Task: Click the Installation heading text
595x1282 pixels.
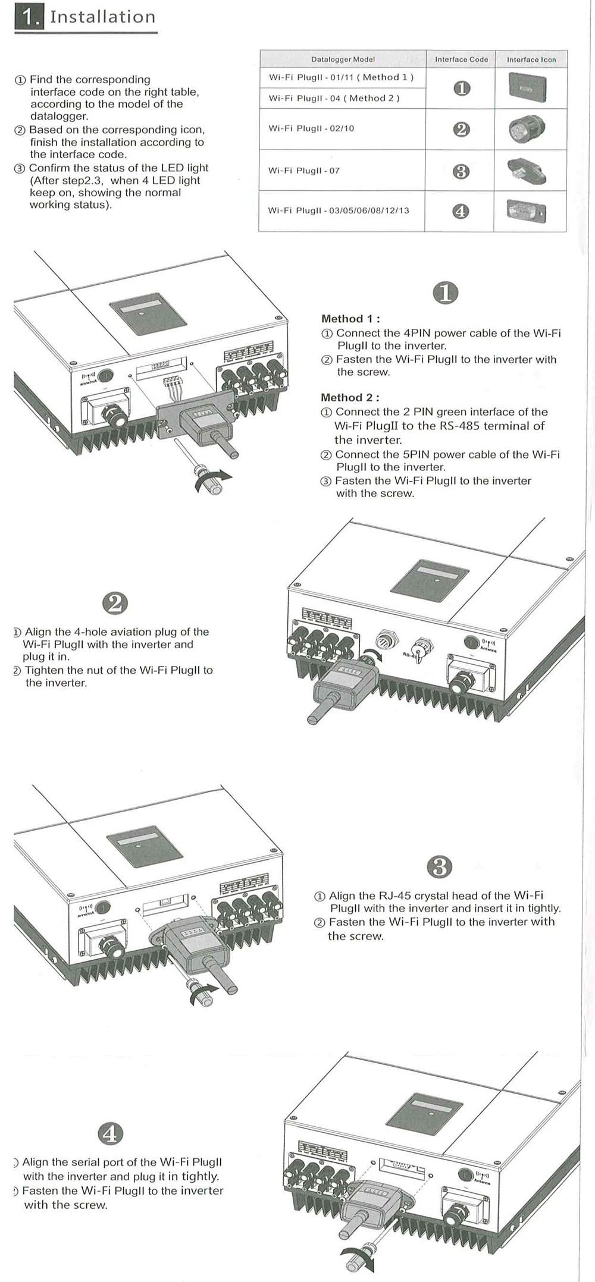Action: (102, 17)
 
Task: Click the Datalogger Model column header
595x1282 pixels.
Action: (343, 59)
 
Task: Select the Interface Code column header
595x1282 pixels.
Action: (461, 59)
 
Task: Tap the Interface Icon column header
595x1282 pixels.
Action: (531, 59)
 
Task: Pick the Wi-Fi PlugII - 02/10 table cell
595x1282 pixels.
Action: (311, 128)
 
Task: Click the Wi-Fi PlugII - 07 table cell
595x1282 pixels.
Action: (304, 171)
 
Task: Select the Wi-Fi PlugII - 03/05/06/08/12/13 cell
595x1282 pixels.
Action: (339, 210)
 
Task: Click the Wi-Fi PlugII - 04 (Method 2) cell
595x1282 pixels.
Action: (334, 98)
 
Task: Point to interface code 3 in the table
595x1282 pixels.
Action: (461, 171)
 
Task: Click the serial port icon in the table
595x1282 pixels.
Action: (526, 211)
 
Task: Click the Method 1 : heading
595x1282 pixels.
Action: (350, 319)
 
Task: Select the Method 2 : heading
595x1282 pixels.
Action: (350, 397)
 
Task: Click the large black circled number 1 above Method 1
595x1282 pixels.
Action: (446, 293)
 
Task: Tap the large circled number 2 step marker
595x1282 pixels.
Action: (115, 603)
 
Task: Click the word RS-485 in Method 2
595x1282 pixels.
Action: (447, 426)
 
